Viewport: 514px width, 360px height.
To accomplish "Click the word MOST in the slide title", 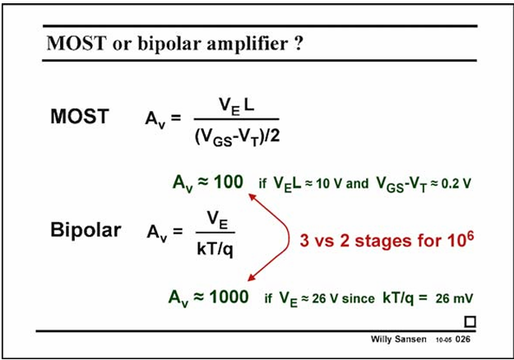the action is [x=76, y=43].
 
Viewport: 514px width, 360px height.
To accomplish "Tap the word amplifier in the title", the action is [x=248, y=44].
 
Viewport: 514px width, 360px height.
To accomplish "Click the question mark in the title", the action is [x=298, y=43].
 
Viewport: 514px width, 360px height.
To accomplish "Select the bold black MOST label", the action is [x=80, y=116].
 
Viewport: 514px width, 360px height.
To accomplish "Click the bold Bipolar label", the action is [x=86, y=230].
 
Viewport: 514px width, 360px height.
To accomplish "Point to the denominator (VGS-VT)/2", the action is [x=238, y=136].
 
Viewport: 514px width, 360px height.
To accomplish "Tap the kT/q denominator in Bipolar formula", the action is [x=215, y=249].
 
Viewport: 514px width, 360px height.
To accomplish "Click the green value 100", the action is [x=229, y=182].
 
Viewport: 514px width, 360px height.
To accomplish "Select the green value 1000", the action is [x=229, y=297].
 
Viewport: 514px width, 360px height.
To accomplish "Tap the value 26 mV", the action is [x=454, y=298].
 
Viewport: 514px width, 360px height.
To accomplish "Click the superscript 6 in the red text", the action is [x=470, y=237].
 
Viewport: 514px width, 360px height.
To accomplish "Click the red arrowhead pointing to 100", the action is [x=252, y=196].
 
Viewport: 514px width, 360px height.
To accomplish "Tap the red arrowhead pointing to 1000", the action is [x=251, y=278].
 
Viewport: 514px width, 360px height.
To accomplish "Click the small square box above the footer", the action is [x=470, y=321].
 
